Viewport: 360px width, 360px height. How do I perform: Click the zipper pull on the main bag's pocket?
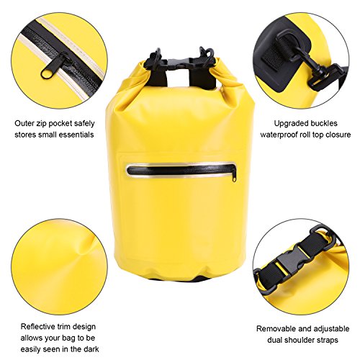235,177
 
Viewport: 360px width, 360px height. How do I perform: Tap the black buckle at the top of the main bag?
179,63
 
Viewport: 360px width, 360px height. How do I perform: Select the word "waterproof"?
279,135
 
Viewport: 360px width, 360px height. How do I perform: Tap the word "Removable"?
275,328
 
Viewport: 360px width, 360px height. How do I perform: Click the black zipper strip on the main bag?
180,170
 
